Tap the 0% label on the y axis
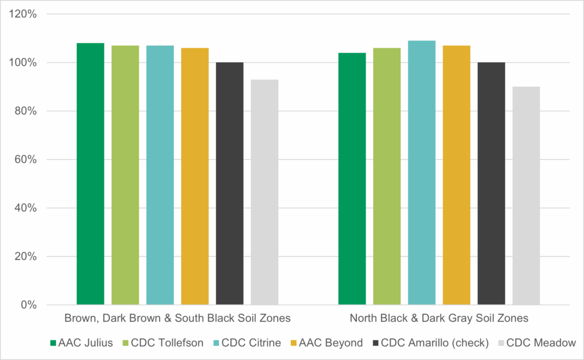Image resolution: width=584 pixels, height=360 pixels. (29, 305)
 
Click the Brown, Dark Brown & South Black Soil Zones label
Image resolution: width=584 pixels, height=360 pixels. (177, 318)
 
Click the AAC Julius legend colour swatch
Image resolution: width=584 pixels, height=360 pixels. (54, 343)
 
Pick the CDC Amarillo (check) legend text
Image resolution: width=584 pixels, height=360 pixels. (435, 343)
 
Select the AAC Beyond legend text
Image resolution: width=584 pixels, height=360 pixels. (336, 343)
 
